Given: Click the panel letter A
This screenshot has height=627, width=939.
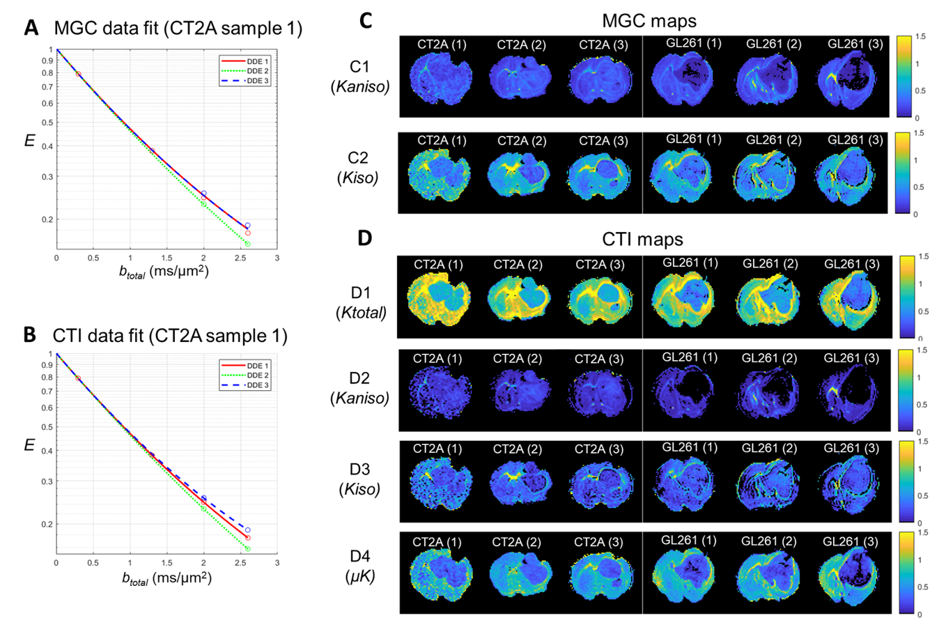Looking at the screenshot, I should [x=31, y=28].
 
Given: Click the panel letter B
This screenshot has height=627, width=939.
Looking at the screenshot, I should [x=30, y=335].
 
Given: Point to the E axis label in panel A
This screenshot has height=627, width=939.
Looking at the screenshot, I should [x=29, y=141].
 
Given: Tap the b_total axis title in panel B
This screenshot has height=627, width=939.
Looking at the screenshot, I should [x=165, y=578].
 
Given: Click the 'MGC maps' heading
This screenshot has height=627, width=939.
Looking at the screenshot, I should [x=649, y=22].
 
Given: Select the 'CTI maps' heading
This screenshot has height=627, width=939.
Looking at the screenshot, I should [x=642, y=240].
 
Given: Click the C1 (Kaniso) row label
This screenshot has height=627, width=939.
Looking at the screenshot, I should [x=359, y=77].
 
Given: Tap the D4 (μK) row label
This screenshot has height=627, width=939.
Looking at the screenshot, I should [x=360, y=566].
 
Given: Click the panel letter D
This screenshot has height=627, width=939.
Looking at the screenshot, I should [x=365, y=238].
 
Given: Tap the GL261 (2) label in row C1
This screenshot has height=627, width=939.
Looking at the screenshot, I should [x=773, y=44].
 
